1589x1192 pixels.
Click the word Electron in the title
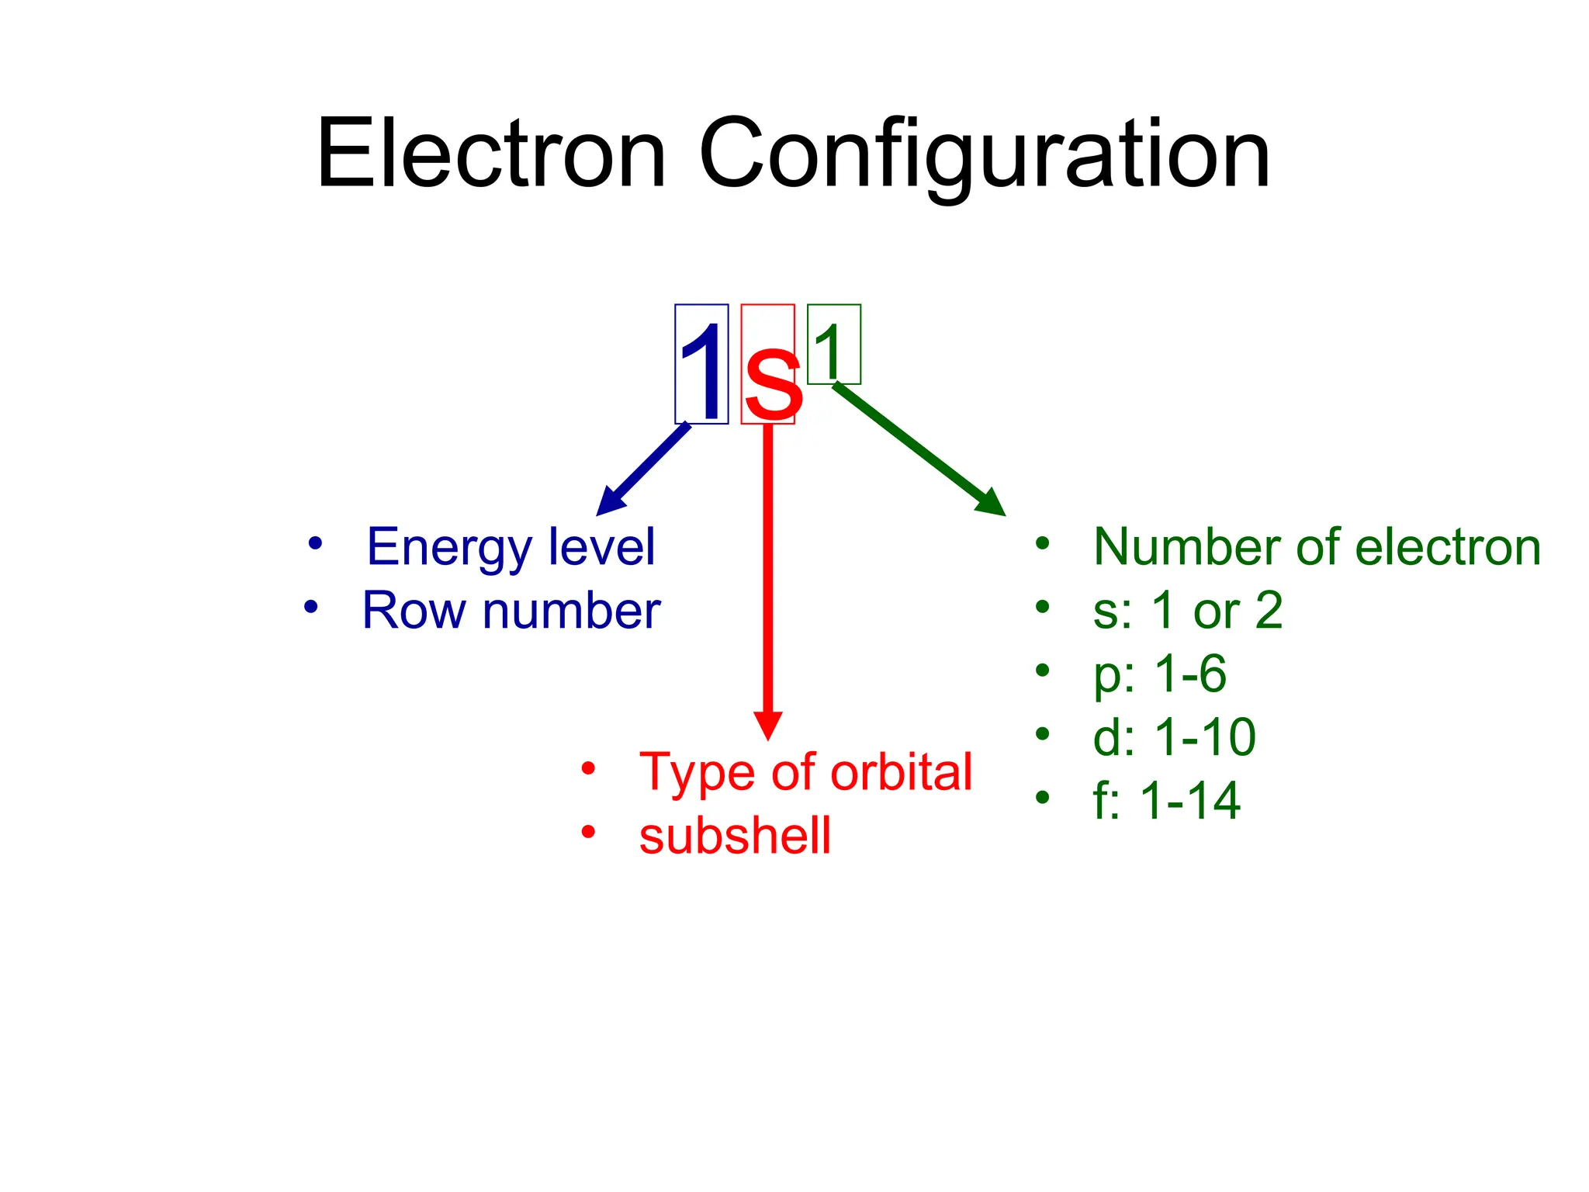point(490,153)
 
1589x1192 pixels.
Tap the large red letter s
point(771,383)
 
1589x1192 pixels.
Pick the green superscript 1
point(829,349)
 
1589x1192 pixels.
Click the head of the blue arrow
point(608,503)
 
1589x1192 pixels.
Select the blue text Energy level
point(511,547)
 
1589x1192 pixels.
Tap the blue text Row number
point(511,611)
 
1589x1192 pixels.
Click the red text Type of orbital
point(805,772)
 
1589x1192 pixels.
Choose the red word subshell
point(735,836)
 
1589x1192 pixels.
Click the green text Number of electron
point(1317,547)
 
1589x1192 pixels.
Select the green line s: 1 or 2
point(1187,611)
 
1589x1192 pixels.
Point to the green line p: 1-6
point(1160,674)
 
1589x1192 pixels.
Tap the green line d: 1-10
point(1174,737)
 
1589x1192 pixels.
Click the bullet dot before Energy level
point(314,543)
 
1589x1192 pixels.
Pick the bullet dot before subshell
point(588,832)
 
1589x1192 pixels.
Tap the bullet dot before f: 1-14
point(1042,796)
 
